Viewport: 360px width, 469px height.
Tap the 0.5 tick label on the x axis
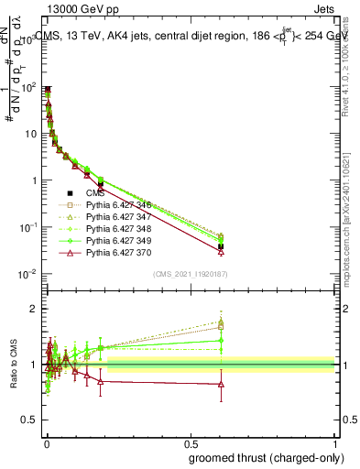[191, 443]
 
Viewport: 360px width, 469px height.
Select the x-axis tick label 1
[335, 443]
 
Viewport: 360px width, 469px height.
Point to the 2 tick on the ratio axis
[37, 309]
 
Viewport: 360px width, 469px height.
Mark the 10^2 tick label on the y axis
[30, 87]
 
